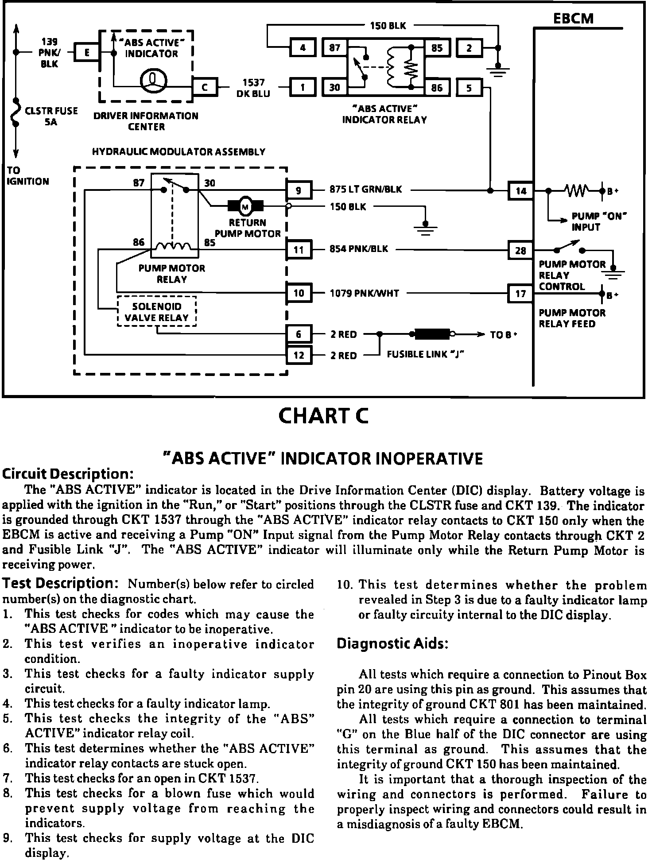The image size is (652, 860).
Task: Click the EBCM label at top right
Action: click(573, 18)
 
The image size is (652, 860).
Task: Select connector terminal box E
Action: click(87, 53)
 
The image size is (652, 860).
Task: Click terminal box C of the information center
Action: click(205, 87)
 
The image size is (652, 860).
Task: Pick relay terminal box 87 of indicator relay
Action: click(335, 47)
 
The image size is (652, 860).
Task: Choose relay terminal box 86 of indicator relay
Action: click(437, 87)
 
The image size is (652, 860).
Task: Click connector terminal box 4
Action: click(303, 47)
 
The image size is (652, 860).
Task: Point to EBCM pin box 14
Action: click(520, 191)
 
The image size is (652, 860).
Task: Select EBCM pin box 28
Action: click(520, 251)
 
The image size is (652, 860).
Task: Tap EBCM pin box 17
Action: click(520, 293)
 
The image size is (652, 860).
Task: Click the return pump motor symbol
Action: click(245, 206)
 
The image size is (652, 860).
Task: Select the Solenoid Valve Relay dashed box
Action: click(157, 312)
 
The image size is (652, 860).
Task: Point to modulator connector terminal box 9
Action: click(299, 190)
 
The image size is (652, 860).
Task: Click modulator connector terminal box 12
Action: click(299, 355)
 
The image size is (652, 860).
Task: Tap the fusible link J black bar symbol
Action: click(432, 334)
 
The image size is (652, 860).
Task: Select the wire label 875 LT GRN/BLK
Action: click(365, 190)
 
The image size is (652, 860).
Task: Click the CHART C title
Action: click(323, 416)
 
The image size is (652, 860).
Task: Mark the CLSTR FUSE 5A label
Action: click(51, 116)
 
